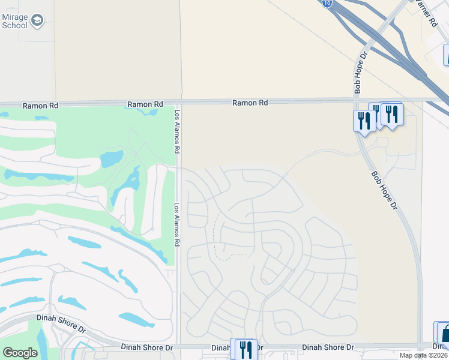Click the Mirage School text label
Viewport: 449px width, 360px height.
coord(14,21)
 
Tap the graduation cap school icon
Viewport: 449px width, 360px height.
coord(37,21)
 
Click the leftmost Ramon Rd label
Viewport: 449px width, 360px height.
coord(40,106)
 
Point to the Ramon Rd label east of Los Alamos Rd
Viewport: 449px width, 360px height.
coord(250,103)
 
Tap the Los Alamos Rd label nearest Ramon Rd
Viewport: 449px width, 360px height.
coord(178,131)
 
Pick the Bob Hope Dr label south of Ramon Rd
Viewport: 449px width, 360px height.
coord(384,191)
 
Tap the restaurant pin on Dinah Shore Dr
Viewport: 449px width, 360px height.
coord(246,349)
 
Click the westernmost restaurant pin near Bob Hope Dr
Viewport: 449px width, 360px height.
coord(364,120)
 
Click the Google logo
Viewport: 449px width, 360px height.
coord(20,353)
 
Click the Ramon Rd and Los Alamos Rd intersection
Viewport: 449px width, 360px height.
coord(179,101)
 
